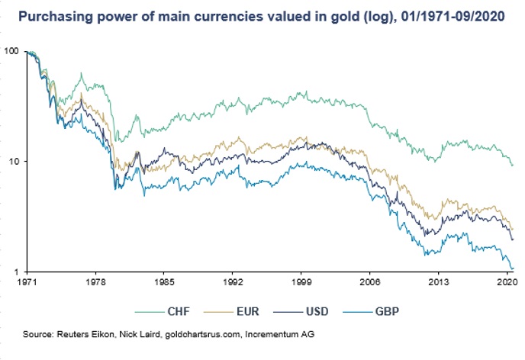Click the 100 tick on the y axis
11,51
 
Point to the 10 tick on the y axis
14,162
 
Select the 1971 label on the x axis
27,282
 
